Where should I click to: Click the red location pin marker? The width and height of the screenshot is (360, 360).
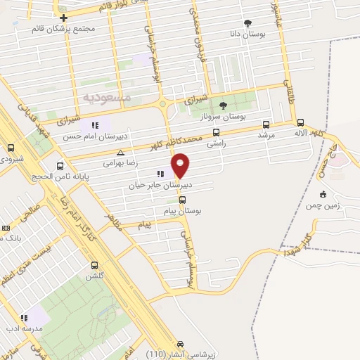(x=181, y=165)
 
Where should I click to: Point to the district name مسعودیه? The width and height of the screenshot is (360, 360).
(x=106, y=95)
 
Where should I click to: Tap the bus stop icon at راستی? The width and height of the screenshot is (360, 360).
(x=216, y=131)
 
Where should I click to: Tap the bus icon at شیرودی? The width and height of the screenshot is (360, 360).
(x=11, y=148)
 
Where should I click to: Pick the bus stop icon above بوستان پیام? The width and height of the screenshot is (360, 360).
(x=183, y=200)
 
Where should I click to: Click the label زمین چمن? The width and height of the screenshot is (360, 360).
(x=323, y=205)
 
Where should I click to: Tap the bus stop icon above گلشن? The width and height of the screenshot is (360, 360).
(x=95, y=265)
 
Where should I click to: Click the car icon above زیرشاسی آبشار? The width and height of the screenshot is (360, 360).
(x=181, y=344)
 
